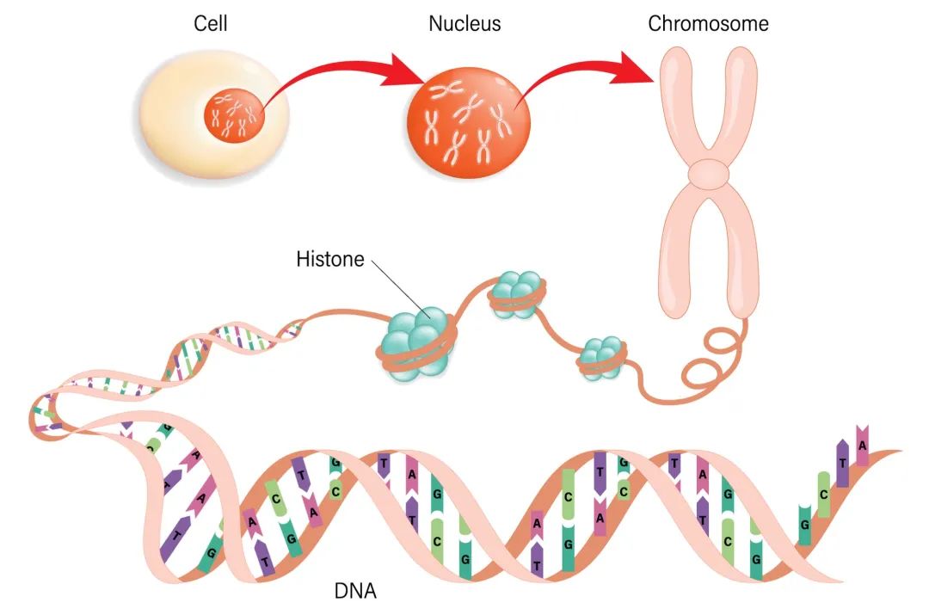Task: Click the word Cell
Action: (x=211, y=24)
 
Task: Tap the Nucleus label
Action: (x=464, y=24)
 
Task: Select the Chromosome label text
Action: (x=708, y=24)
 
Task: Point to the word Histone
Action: (x=330, y=259)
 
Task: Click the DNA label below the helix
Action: (x=355, y=591)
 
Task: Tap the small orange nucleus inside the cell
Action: (x=234, y=115)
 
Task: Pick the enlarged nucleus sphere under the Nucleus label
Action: (x=468, y=123)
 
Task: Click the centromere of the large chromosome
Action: (x=709, y=173)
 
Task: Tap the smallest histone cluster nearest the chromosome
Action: (x=601, y=358)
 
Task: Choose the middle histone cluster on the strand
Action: (x=517, y=294)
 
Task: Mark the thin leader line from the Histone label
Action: (x=401, y=288)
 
